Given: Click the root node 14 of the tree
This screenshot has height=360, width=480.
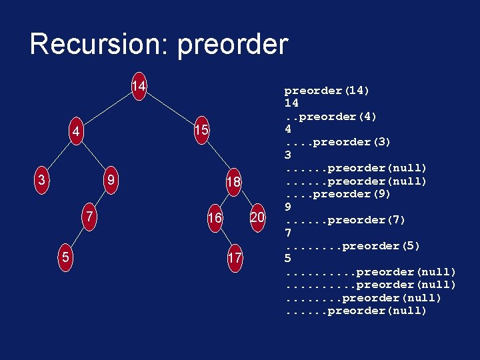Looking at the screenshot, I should tap(139, 87).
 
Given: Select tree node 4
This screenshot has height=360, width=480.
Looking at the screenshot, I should tap(77, 132).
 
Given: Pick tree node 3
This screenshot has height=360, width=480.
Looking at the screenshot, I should tap(42, 180).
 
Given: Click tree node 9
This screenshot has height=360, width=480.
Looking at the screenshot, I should tap(112, 180).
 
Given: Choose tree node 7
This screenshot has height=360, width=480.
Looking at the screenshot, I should tap(89, 217).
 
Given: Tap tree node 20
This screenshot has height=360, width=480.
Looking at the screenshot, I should tap(257, 217).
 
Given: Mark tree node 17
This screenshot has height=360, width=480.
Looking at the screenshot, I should tap(235, 258).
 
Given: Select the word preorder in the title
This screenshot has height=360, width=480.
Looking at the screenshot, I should tap(233, 45).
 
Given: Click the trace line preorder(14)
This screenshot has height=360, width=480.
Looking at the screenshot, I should tap(327, 91).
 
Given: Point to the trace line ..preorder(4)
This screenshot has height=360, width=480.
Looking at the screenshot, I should tap(331, 117).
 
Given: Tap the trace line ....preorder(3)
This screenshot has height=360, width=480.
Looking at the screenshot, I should tap(338, 142).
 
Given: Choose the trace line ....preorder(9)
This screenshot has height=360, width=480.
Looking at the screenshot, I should tap(338, 194).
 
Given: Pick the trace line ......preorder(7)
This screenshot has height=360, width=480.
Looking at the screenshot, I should tap(345, 220).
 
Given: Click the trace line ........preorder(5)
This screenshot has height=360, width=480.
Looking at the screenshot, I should tap(353, 246).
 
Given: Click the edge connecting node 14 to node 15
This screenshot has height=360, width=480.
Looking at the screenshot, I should tap(170, 108).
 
